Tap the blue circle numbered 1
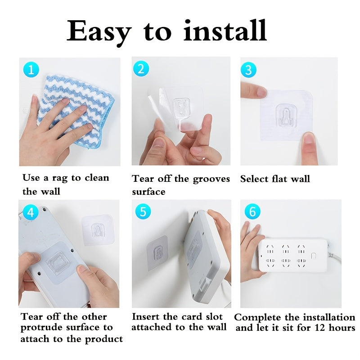click(x=31, y=70)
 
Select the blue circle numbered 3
click(x=249, y=70)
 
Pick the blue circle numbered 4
click(x=30, y=212)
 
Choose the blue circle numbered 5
click(x=142, y=211)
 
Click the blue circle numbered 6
click(x=252, y=211)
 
